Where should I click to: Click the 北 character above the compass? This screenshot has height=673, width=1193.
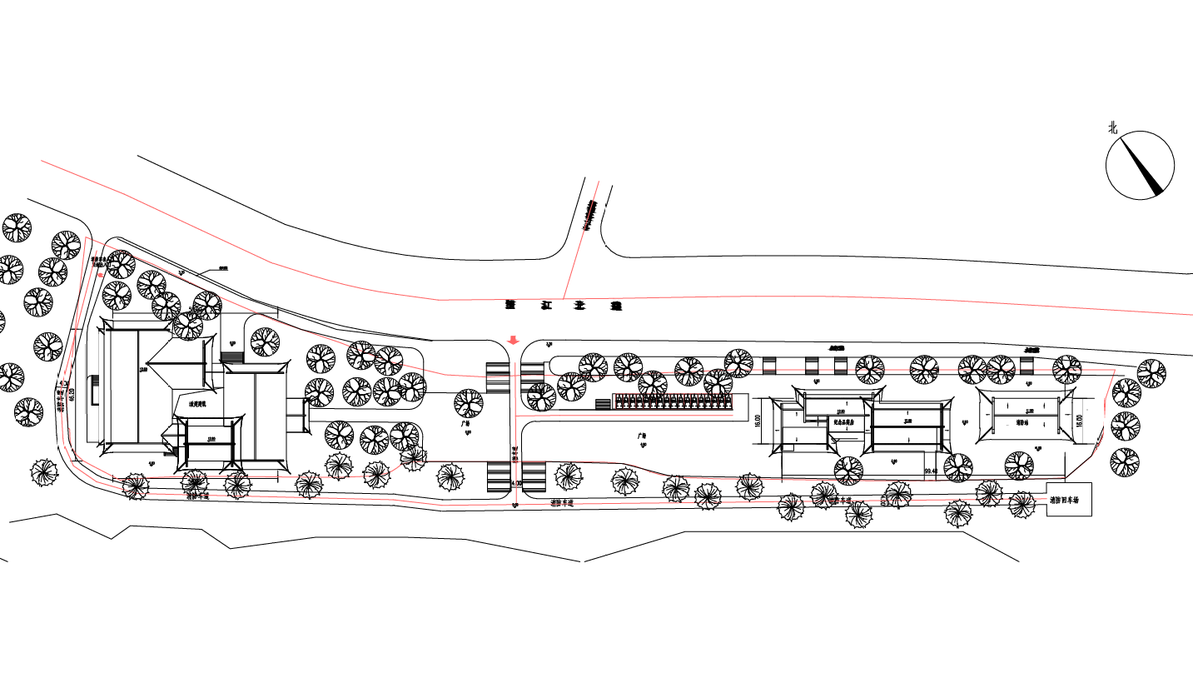pyautogui.click(x=1112, y=127)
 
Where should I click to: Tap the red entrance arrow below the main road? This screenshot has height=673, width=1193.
pyautogui.click(x=514, y=340)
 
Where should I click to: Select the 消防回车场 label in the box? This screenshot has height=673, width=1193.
pyautogui.click(x=1069, y=501)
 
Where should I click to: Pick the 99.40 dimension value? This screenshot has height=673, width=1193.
pyautogui.click(x=931, y=471)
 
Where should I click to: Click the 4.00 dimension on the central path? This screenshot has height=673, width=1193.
pyautogui.click(x=515, y=483)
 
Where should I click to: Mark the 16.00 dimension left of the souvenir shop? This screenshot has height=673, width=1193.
pyautogui.click(x=758, y=421)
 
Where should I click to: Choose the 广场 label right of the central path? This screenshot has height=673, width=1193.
pyautogui.click(x=642, y=435)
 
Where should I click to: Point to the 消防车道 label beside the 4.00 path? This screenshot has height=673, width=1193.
pyautogui.click(x=565, y=504)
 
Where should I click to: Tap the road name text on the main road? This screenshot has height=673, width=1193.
pyautogui.click(x=564, y=306)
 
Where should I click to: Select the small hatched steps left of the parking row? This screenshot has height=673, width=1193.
pyautogui.click(x=604, y=404)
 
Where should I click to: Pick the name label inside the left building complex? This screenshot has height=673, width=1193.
pyautogui.click(x=197, y=405)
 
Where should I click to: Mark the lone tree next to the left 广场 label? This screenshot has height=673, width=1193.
pyautogui.click(x=469, y=403)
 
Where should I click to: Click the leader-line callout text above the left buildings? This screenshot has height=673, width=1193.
pyautogui.click(x=223, y=268)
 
